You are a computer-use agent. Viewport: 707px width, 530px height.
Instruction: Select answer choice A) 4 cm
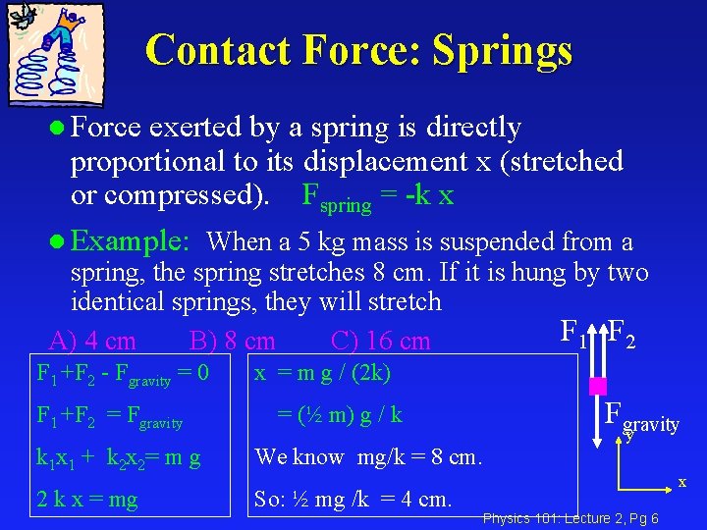pyautogui.click(x=92, y=341)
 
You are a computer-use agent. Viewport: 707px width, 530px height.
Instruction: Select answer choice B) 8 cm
pyautogui.click(x=232, y=341)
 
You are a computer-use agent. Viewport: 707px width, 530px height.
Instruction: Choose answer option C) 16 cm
pyautogui.click(x=380, y=341)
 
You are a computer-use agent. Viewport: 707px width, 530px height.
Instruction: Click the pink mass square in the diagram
pyautogui.click(x=598, y=386)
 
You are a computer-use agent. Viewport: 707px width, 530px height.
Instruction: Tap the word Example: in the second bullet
pyautogui.click(x=131, y=240)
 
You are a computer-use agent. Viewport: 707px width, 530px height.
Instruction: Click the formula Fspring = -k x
pyautogui.click(x=377, y=196)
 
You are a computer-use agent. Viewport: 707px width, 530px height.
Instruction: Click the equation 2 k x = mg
pyautogui.click(x=86, y=500)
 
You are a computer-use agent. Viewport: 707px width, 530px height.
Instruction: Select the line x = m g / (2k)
pyautogui.click(x=322, y=373)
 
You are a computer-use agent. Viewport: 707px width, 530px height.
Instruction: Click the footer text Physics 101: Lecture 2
pyautogui.click(x=550, y=518)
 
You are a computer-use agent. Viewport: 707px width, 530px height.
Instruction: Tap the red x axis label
pyautogui.click(x=682, y=482)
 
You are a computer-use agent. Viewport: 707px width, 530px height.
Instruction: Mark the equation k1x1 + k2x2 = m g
pyautogui.click(x=118, y=457)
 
